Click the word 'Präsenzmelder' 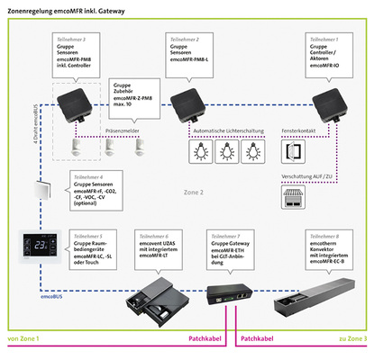[121, 130]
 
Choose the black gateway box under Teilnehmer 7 [229, 296]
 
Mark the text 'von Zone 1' [23, 338]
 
